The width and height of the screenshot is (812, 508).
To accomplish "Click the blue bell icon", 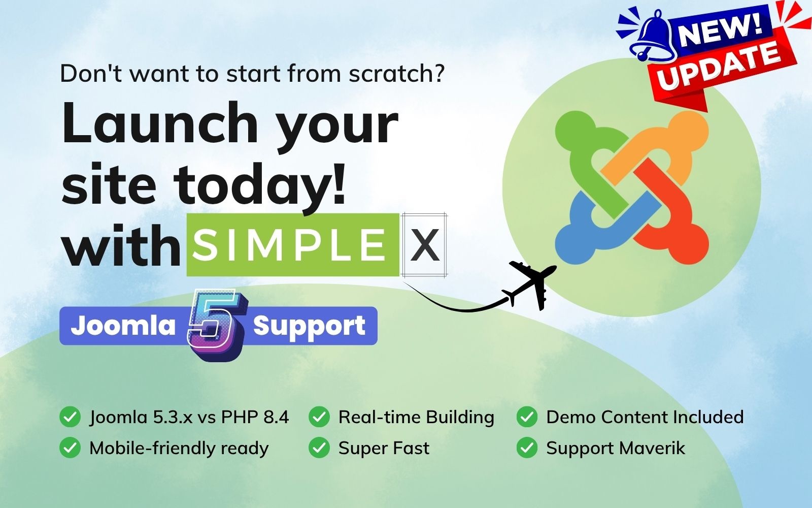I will [x=652, y=35].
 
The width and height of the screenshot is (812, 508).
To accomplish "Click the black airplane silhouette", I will [x=531, y=284].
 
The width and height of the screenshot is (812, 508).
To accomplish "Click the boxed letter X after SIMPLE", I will [x=424, y=245].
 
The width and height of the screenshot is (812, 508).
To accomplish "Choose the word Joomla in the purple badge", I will [x=123, y=325].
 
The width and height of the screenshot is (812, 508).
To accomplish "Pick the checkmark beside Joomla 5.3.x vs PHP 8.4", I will [x=70, y=417].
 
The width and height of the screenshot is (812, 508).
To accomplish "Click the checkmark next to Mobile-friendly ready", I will [x=70, y=448].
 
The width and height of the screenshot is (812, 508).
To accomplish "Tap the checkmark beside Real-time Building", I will [x=319, y=417].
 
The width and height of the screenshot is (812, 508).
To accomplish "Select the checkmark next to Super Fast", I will [x=319, y=448].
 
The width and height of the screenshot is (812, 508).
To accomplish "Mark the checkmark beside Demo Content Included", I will [x=527, y=417].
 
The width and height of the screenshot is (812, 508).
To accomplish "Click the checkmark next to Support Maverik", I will [x=527, y=448].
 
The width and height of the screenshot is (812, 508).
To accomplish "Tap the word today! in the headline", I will [x=260, y=184].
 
